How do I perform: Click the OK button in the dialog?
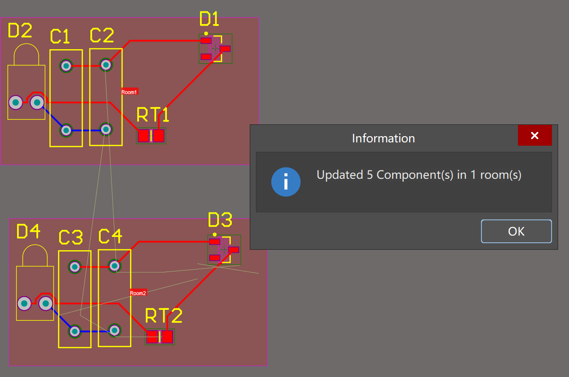pos(516,231)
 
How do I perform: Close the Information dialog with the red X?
pos(534,136)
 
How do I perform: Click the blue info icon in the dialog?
pos(286,182)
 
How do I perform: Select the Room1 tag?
pos(129,92)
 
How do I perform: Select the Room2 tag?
pos(138,293)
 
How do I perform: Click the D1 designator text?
pos(210,19)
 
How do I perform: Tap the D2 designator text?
pos(20,31)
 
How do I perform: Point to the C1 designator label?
pos(60,36)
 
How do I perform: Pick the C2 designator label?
pos(102,35)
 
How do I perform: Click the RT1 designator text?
pos(153,115)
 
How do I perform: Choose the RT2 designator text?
pos(163,316)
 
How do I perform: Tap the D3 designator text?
pos(220,220)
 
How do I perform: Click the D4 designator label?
pos(28,232)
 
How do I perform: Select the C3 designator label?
pos(70,237)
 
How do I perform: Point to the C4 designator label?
pos(110,237)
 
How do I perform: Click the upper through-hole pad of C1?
pos(66,66)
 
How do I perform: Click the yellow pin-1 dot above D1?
pos(206,34)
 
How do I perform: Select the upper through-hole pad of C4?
pos(114,266)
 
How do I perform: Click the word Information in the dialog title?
pos(383,139)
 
